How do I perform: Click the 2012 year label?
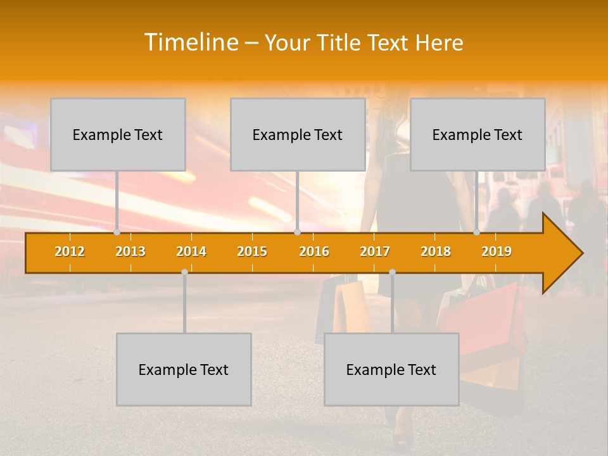click(70, 251)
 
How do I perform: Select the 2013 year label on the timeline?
click(130, 251)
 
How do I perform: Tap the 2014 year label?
click(191, 251)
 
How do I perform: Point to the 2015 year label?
click(252, 251)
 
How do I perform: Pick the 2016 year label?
click(314, 251)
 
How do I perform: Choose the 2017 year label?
click(375, 251)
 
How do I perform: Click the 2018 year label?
click(436, 251)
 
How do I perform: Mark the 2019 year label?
click(497, 251)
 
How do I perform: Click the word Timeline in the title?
click(191, 42)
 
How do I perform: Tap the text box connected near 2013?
click(118, 134)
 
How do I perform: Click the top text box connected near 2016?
click(298, 134)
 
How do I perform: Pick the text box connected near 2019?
click(478, 134)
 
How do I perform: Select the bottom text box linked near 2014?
click(184, 369)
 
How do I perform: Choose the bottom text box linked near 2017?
click(391, 369)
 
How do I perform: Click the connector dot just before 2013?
click(117, 232)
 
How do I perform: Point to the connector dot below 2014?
click(184, 272)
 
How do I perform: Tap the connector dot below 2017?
click(392, 272)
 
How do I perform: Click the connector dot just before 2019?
click(477, 232)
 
